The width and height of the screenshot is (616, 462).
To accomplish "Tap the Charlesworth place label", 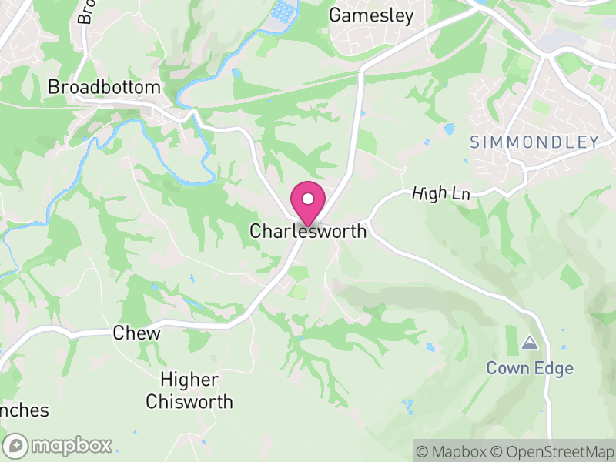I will [x=308, y=231].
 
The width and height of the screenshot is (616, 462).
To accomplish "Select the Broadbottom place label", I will [x=104, y=87].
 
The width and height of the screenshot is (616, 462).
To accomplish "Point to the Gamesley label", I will [x=371, y=15].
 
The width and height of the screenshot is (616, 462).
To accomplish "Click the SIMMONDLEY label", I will [x=534, y=142].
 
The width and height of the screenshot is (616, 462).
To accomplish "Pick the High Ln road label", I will [x=440, y=193].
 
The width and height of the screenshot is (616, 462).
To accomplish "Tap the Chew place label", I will [x=136, y=333].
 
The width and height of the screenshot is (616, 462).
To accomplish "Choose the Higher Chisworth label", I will [x=189, y=390].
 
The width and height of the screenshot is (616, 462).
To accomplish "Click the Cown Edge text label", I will [x=530, y=368].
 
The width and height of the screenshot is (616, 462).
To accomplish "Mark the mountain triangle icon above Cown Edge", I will [x=530, y=342].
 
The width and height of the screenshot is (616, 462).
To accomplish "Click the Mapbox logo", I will [x=59, y=445].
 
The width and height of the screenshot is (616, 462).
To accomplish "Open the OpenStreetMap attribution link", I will [x=552, y=451].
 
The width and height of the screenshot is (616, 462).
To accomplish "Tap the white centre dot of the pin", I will [x=308, y=199].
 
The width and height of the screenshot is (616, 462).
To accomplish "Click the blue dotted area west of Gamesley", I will [x=283, y=11].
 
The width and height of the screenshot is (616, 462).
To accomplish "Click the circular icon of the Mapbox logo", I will [x=16, y=445].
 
